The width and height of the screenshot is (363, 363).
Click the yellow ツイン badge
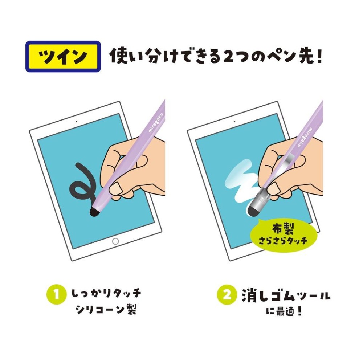(x=63, y=56)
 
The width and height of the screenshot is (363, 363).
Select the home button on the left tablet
(x=115, y=241)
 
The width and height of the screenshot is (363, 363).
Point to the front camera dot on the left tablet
(x=77, y=121)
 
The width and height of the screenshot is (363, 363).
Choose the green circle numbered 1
(x=56, y=295)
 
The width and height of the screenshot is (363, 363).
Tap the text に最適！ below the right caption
(x=285, y=312)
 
